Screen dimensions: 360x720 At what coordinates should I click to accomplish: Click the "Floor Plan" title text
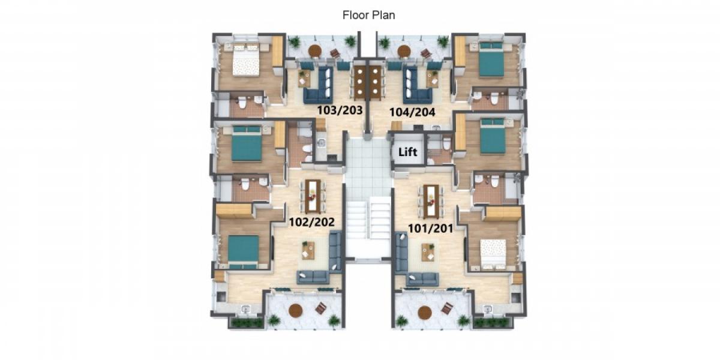tap(368, 15)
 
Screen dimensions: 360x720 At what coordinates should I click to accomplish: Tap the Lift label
tap(407, 152)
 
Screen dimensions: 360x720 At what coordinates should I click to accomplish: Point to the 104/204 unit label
tap(412, 111)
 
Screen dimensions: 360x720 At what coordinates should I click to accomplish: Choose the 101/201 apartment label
tap(430, 228)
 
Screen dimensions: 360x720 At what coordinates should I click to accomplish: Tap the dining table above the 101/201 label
tap(430, 200)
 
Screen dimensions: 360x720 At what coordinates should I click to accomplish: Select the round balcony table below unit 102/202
tap(295, 310)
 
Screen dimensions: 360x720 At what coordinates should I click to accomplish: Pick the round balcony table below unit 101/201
tap(425, 312)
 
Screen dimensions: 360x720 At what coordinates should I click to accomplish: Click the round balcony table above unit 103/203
tap(316, 51)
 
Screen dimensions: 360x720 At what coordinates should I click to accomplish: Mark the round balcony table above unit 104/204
tap(404, 51)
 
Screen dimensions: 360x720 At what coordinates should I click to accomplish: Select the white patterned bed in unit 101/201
tap(492, 251)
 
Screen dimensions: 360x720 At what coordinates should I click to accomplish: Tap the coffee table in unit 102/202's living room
tap(308, 250)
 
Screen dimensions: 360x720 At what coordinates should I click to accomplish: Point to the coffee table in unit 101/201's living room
tap(428, 252)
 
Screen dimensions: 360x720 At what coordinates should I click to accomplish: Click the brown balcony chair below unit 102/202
tap(321, 308)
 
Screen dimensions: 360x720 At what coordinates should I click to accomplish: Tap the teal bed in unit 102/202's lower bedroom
tap(244, 250)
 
